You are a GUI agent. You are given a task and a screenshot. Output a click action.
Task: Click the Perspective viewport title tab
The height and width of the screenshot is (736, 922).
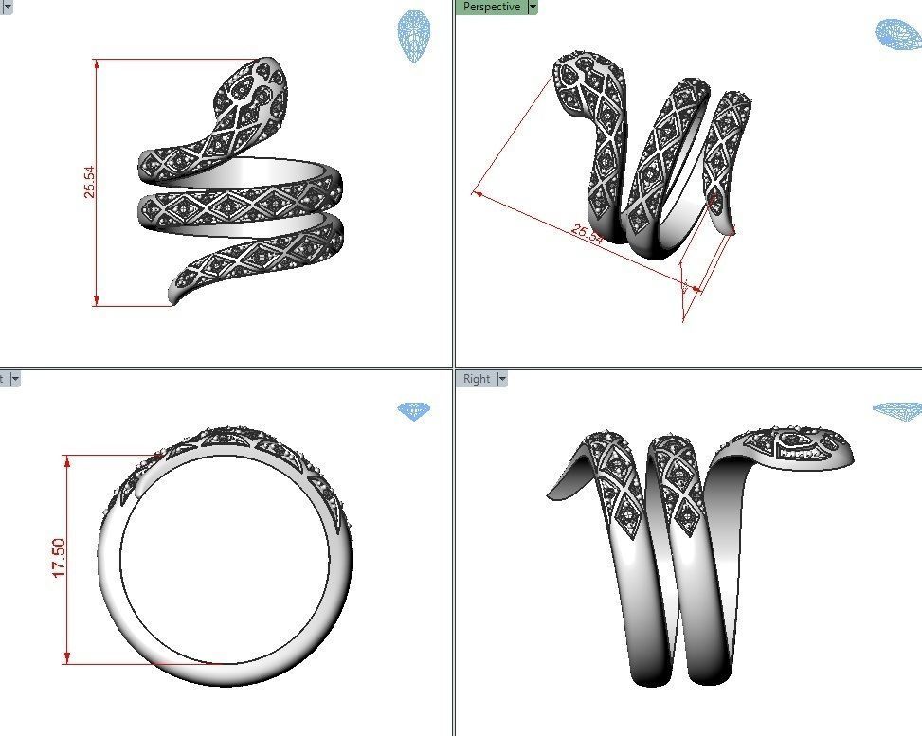click(x=491, y=8)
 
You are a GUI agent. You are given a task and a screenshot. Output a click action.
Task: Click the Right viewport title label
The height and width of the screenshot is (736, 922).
click(x=476, y=379)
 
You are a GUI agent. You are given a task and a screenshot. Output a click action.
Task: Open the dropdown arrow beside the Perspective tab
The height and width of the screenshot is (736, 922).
click(x=533, y=8)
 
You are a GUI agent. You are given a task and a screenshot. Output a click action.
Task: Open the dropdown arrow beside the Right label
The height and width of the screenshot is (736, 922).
click(x=502, y=379)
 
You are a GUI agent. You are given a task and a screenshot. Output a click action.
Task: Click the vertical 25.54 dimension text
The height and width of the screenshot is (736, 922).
click(x=89, y=181)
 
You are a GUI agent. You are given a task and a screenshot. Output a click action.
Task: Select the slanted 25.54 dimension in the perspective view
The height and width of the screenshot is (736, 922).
click(x=588, y=234)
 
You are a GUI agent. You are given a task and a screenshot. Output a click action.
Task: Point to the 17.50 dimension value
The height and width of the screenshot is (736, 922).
click(x=59, y=558)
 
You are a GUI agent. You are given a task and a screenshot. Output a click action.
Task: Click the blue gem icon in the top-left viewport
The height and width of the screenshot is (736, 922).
click(x=412, y=37)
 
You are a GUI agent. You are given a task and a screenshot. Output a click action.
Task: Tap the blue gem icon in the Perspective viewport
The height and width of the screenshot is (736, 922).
click(x=897, y=35)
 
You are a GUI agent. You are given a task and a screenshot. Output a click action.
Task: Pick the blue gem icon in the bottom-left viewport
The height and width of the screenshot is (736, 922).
click(x=413, y=411)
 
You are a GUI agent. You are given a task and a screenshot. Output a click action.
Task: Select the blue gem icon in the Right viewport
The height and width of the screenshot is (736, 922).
click(x=895, y=410)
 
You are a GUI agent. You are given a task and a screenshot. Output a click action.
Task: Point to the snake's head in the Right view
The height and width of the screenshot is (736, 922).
click(x=805, y=445)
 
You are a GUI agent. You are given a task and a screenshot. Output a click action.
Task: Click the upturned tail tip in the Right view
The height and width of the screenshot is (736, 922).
click(x=551, y=494)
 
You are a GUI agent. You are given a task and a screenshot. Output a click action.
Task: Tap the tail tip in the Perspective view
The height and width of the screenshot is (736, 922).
click(x=730, y=229)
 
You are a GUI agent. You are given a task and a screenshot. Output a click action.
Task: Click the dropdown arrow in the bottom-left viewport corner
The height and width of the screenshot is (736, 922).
click(x=15, y=379)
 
